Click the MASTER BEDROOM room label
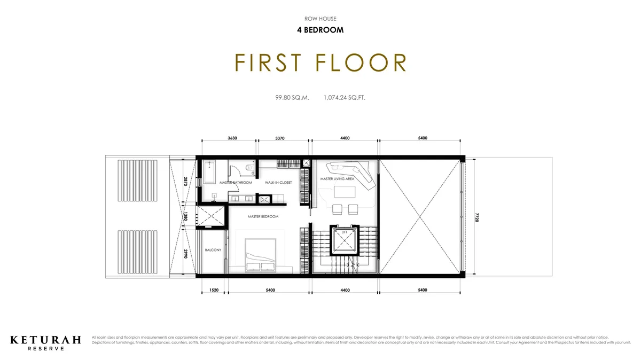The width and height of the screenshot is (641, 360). [263, 216]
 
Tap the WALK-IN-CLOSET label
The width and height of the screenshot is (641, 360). [278, 183]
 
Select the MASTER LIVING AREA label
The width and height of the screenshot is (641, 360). [337, 179]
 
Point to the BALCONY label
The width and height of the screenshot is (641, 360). [213, 250]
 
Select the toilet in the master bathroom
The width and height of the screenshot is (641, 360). [248, 169]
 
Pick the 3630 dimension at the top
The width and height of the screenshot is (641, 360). [232, 138]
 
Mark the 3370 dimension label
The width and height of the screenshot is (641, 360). [279, 138]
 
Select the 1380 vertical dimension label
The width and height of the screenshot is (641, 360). [185, 217]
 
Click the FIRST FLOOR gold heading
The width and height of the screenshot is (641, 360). [320, 63]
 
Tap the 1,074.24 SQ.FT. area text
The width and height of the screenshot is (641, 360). [345, 98]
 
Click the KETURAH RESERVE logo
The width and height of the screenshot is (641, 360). [46, 342]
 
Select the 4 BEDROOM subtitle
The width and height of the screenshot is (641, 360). [320, 30]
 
